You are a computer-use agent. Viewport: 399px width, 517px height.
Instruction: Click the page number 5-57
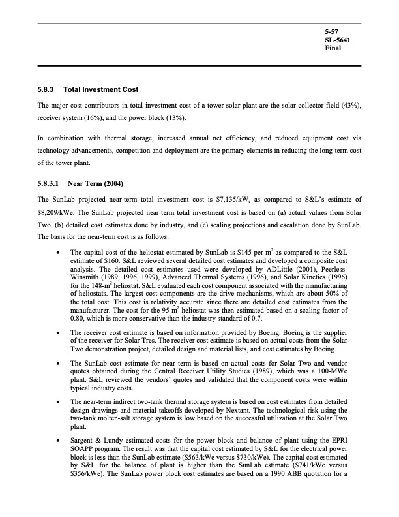[332, 31]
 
